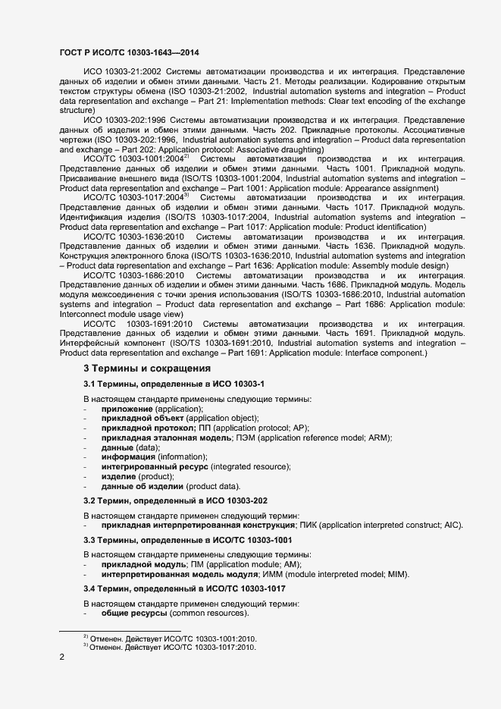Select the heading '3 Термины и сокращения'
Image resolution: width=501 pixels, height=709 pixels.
pos(147,369)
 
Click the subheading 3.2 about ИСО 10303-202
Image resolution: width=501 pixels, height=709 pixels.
pos(174,500)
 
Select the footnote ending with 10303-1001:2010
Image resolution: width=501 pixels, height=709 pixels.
pos(170,638)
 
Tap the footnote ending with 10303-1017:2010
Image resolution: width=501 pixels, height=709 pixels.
pos(170,648)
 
